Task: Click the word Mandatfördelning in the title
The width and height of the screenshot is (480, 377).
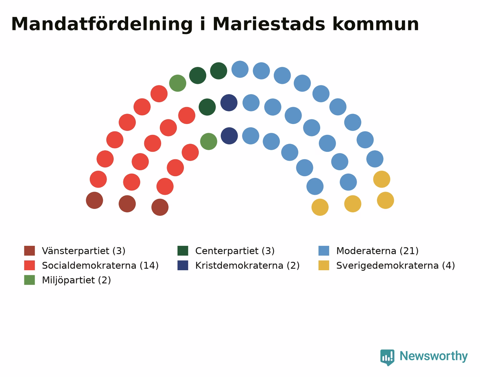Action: pyautogui.click(x=102, y=24)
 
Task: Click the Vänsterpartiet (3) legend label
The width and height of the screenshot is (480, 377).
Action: pyautogui.click(x=83, y=251)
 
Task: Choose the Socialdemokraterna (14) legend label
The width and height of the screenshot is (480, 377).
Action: pyautogui.click(x=100, y=266)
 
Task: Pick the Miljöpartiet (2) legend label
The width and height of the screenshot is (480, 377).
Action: pyautogui.click(x=76, y=280)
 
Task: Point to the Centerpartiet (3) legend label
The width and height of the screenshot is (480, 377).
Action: pyautogui.click(x=235, y=251)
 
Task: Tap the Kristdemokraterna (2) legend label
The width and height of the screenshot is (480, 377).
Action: pyautogui.click(x=248, y=266)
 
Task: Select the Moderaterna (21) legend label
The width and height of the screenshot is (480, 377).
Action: pyautogui.click(x=377, y=251)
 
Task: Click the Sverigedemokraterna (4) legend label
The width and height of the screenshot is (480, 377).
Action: pyautogui.click(x=395, y=266)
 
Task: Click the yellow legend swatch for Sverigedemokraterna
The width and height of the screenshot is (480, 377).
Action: pyautogui.click(x=323, y=266)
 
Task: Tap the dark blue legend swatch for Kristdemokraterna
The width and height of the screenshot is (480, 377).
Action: pyautogui.click(x=183, y=266)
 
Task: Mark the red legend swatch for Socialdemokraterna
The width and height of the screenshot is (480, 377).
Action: pyautogui.click(x=29, y=266)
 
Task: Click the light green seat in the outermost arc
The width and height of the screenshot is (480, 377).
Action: pyautogui.click(x=178, y=83)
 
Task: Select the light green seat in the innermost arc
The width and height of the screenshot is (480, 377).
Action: pyautogui.click(x=208, y=142)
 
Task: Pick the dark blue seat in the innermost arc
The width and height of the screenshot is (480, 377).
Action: pyautogui.click(x=229, y=136)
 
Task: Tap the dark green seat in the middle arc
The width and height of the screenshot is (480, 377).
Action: pyautogui.click(x=207, y=107)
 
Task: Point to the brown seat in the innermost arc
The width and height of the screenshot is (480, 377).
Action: pyautogui.click(x=160, y=207)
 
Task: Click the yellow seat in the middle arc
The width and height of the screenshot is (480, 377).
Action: pyautogui.click(x=353, y=204)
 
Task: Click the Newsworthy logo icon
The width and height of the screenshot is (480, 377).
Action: pyautogui.click(x=387, y=357)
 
